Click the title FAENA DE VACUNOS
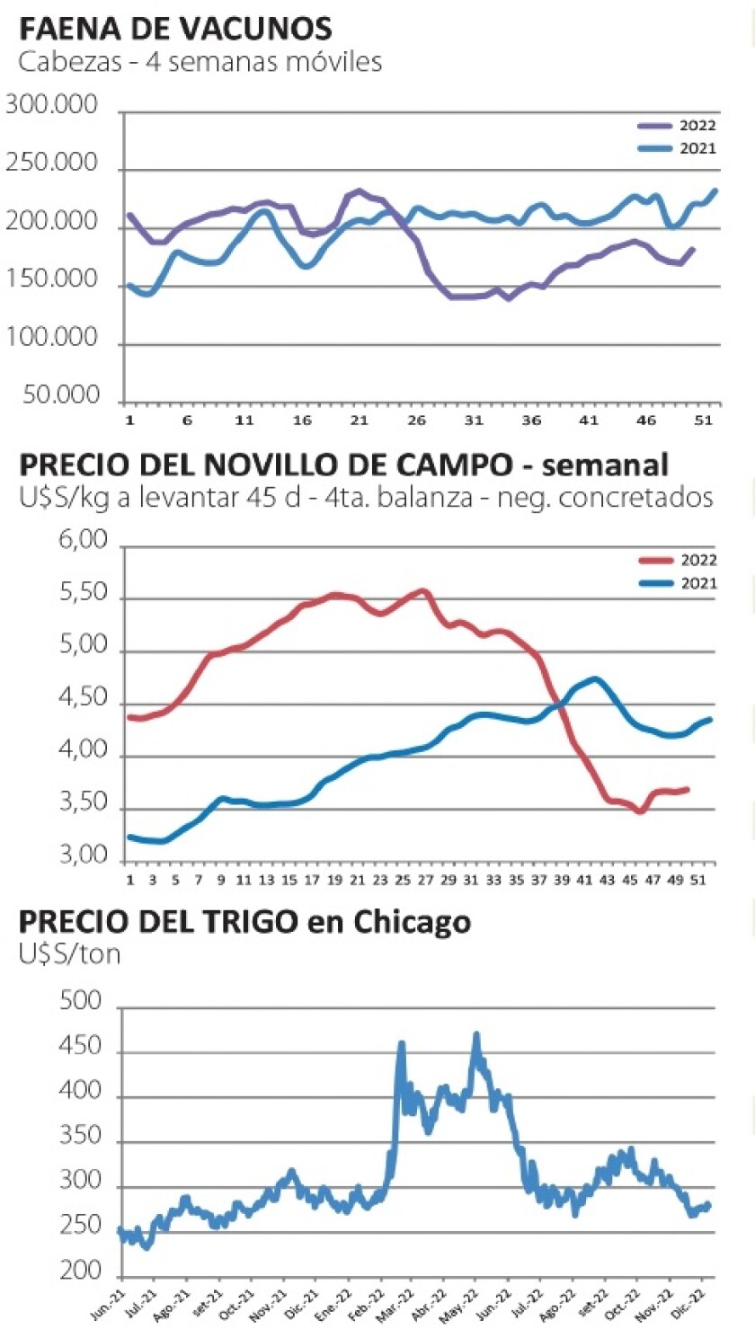click(175, 30)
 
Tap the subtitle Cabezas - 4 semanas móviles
click(200, 62)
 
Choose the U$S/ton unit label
click(69, 953)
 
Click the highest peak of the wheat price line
click(476, 1035)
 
